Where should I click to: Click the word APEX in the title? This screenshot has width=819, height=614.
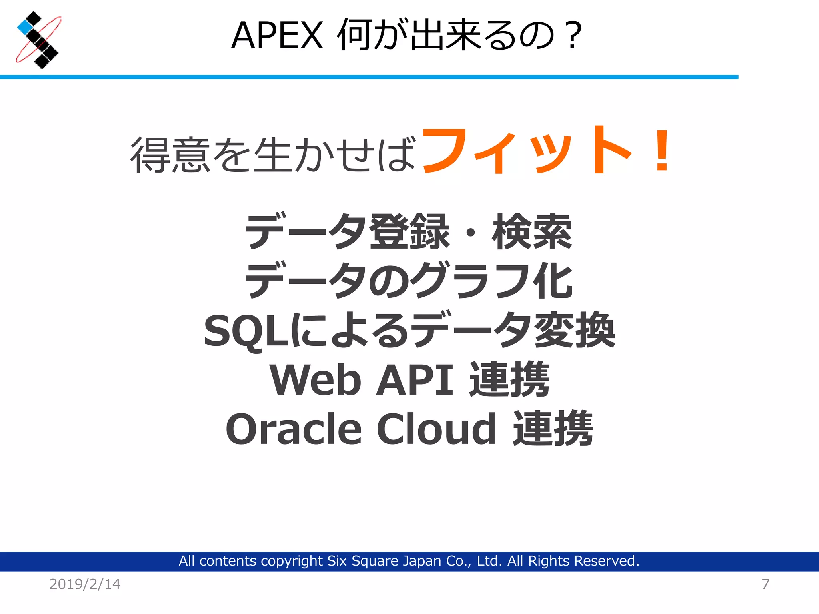pos(277,36)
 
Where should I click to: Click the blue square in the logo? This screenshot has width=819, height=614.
pos(25,27)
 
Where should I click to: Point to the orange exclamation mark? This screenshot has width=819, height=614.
pos(662,151)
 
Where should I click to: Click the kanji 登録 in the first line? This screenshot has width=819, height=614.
pos(409,232)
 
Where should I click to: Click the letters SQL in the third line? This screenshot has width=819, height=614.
pos(246,331)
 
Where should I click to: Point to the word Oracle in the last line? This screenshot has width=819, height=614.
pos(294,429)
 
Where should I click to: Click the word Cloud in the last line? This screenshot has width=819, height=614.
pos(437,429)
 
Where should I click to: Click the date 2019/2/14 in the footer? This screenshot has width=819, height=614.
pos(85,584)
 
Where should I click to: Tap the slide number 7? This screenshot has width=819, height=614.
pos(765,584)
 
